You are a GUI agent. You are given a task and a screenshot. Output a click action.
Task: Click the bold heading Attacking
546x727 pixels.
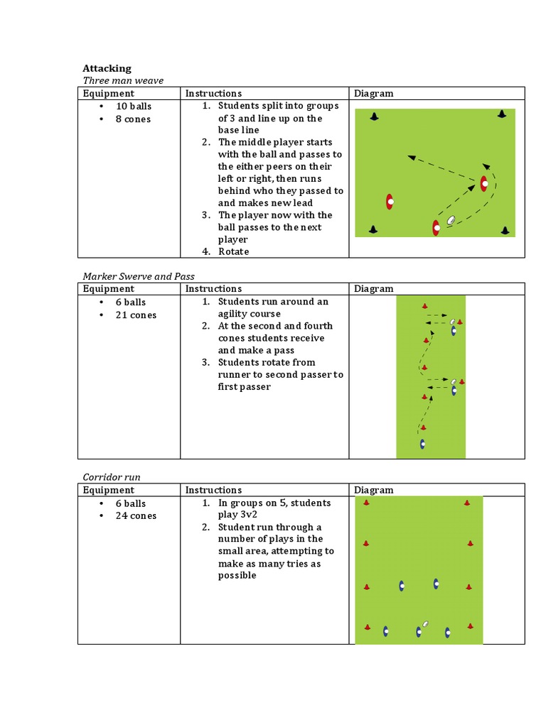pyautogui.click(x=107, y=68)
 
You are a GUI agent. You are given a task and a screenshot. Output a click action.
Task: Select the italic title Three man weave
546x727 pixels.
pyautogui.click(x=123, y=80)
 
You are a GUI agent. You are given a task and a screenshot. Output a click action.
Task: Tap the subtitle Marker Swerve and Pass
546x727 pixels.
pyautogui.click(x=138, y=276)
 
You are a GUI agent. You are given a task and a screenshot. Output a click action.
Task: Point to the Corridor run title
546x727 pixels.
pyautogui.click(x=111, y=477)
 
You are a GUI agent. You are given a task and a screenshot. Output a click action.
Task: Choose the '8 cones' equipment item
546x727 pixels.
pyautogui.click(x=133, y=119)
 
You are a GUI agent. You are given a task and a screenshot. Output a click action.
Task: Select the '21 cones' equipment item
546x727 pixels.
pyautogui.click(x=136, y=315)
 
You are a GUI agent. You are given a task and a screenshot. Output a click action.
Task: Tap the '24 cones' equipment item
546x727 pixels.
pyautogui.click(x=136, y=516)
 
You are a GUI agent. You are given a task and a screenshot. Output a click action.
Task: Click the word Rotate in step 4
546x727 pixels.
pyautogui.click(x=234, y=251)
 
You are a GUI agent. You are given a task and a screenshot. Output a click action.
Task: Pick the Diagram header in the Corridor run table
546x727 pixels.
pyautogui.click(x=373, y=490)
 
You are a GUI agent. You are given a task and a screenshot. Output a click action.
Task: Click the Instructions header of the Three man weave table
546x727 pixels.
pyautogui.click(x=213, y=93)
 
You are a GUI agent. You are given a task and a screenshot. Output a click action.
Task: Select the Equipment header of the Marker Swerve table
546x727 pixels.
pyautogui.click(x=108, y=289)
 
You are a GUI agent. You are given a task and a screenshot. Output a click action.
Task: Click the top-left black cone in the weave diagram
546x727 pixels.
pyautogui.click(x=374, y=116)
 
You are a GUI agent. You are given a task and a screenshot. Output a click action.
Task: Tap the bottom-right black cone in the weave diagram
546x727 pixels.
pyautogui.click(x=504, y=230)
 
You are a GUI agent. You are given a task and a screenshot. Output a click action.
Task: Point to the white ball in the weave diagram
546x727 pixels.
pyautogui.click(x=451, y=221)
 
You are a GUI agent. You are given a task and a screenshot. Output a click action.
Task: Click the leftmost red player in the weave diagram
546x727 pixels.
pyautogui.click(x=390, y=202)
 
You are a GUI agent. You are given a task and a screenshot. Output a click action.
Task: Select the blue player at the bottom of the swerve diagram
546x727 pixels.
pyautogui.click(x=423, y=444)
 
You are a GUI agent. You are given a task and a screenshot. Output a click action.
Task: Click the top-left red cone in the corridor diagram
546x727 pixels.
pyautogui.click(x=366, y=503)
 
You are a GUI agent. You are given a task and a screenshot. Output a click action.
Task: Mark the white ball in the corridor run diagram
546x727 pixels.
pyautogui.click(x=425, y=624)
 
